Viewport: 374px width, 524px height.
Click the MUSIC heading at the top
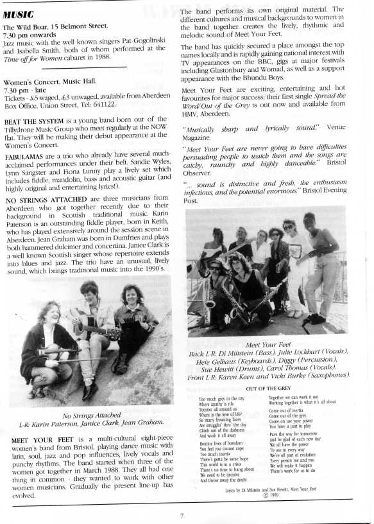click(19, 14)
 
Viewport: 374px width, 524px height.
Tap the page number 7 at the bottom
click(182, 514)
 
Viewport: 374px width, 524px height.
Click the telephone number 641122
click(102, 103)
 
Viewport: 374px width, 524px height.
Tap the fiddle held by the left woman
click(49, 353)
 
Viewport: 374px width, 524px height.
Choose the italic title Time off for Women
click(33, 58)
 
